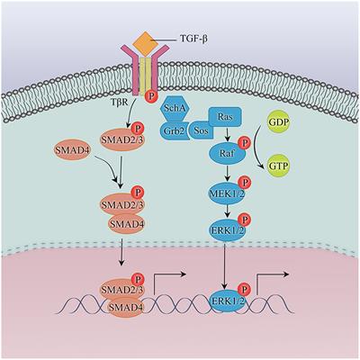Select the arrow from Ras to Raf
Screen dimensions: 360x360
[228, 134]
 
